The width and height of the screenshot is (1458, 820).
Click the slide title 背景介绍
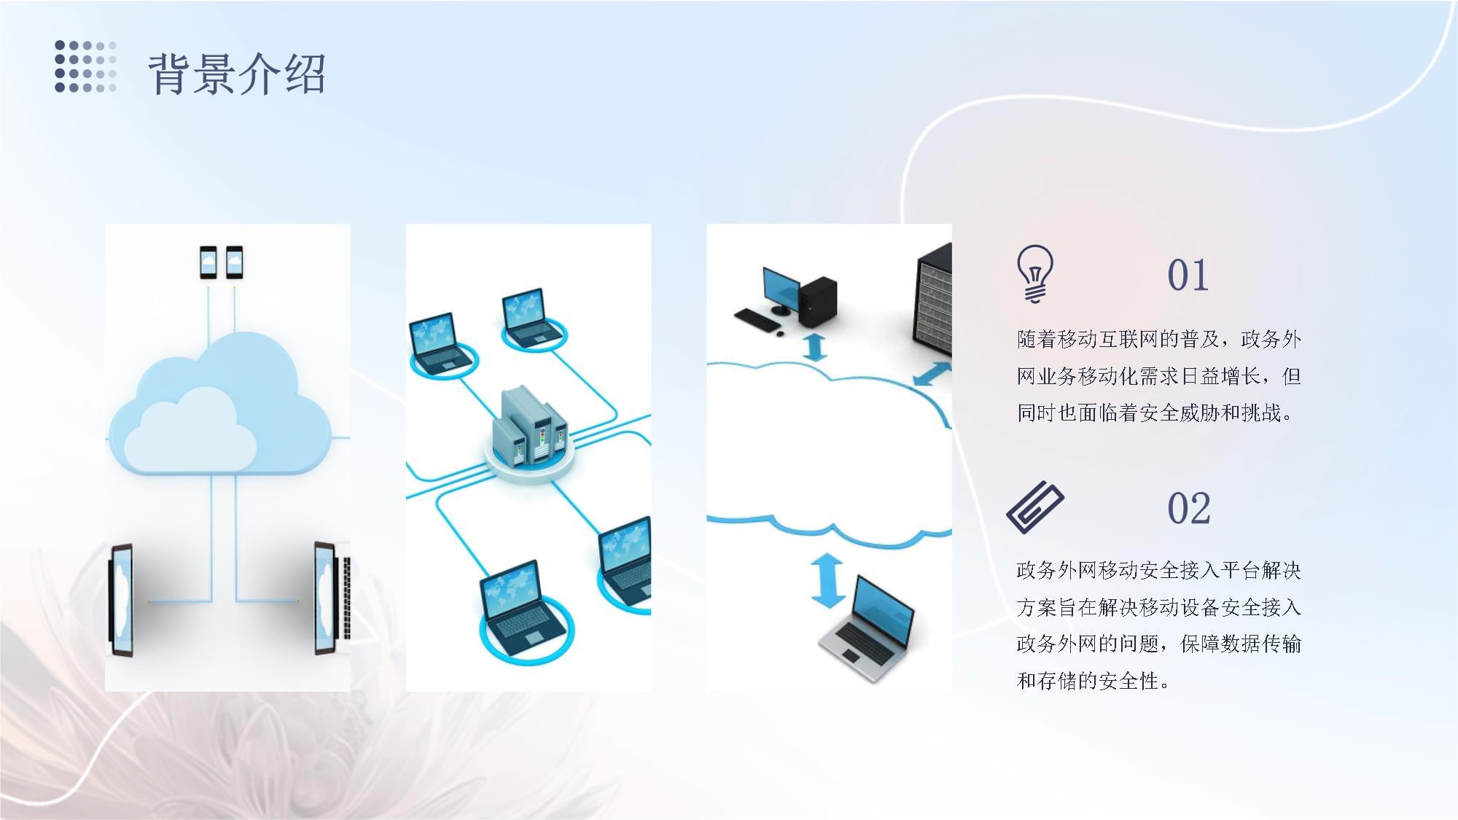pos(237,74)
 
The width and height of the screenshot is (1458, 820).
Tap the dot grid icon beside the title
pos(85,67)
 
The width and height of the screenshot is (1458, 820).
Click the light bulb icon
pos(1035,273)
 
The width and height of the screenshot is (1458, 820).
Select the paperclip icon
pos(1034,507)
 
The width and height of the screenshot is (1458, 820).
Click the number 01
pos(1188,276)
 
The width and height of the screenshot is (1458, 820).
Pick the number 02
pos(1188,508)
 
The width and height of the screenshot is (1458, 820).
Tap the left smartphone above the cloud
pos(208,262)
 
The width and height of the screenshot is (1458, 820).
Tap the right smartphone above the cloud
pos(234,262)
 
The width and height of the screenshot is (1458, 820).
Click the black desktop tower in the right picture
pos(816,301)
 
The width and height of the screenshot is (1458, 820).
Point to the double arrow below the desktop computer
pos(814,347)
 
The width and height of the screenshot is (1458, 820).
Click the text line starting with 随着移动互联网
pos(1158,339)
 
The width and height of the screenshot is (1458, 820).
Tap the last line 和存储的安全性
pos(1093,681)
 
